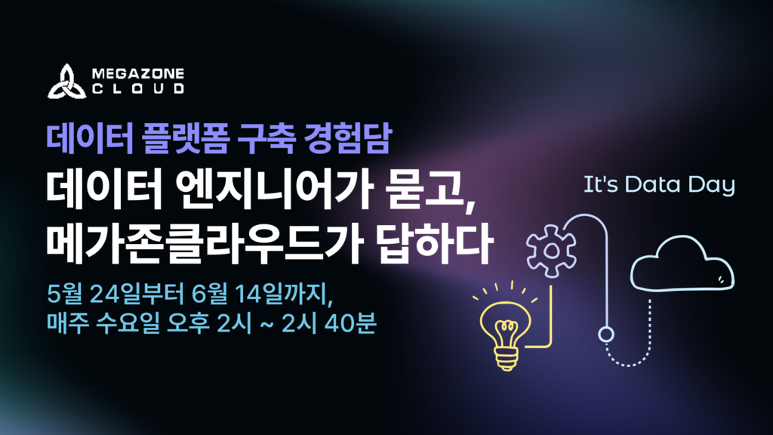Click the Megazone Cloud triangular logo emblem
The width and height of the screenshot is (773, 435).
(66, 82)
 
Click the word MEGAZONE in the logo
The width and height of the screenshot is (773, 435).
(138, 74)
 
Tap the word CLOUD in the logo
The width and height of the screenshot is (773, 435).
(138, 89)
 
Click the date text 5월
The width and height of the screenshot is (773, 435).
(65, 294)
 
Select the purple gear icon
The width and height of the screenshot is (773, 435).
(551, 251)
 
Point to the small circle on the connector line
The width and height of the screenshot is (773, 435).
(606, 335)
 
